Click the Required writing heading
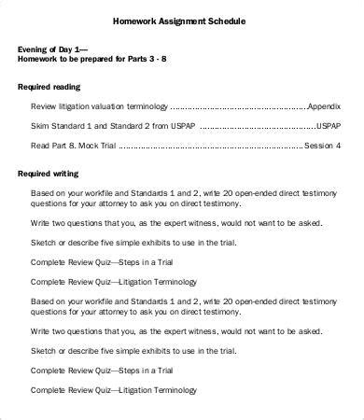(x=52, y=173)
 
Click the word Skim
(x=40, y=126)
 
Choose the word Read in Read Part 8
(x=40, y=146)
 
